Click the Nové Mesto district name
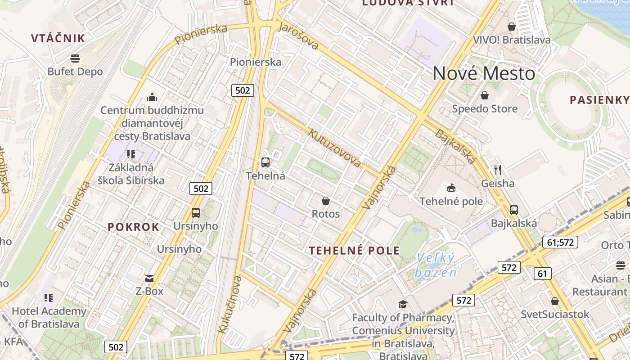(484, 73)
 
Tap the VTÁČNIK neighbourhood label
(58, 38)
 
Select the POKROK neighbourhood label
(133, 227)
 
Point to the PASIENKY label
(599, 100)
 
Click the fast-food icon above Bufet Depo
(75, 58)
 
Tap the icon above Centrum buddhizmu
(152, 97)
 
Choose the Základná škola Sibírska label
(131, 174)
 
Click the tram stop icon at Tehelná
(265, 162)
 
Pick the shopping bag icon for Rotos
(326, 201)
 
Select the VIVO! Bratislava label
(511, 40)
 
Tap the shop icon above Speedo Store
(485, 95)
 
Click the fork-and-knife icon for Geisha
(498, 170)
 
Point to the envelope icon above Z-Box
(149, 279)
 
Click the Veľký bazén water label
(435, 265)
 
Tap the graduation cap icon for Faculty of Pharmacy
(403, 305)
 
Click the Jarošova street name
(298, 36)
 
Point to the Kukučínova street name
(229, 305)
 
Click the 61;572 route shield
(560, 242)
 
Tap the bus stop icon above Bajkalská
(514, 210)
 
